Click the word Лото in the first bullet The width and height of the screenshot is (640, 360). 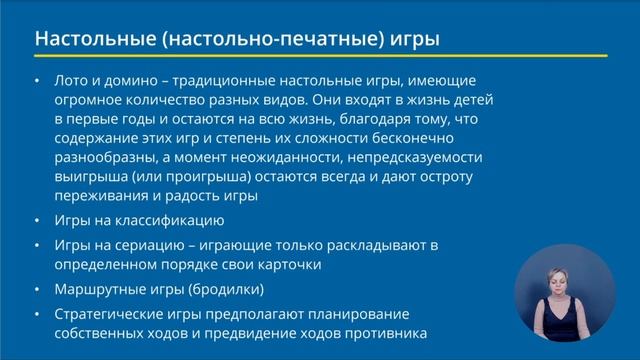pos(75,79)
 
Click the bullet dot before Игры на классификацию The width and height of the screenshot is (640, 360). pos(37,220)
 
